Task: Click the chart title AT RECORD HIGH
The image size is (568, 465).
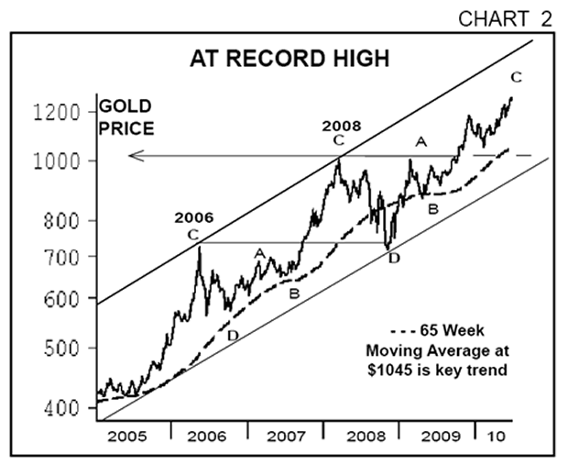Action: [x=289, y=60]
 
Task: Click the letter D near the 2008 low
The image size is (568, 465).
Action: [x=394, y=259]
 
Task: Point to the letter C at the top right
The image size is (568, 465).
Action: [x=517, y=77]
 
